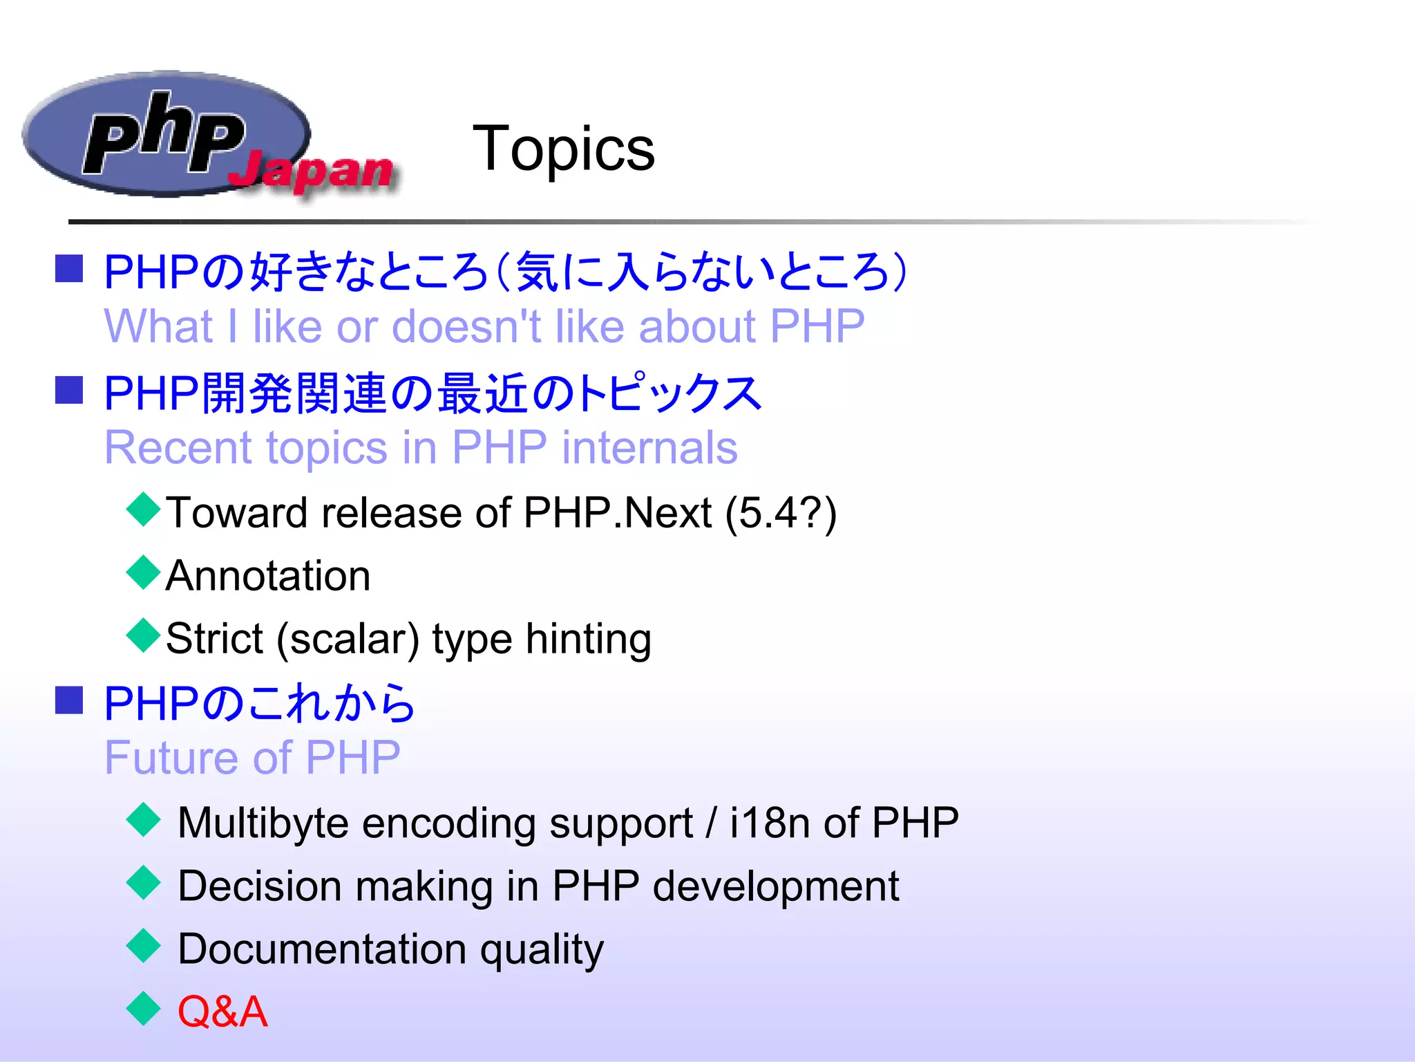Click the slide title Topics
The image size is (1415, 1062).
pos(563,149)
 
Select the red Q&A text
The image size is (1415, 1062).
pos(222,1012)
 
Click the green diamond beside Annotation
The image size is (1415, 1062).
pos(144,572)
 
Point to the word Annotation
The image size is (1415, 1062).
pos(268,576)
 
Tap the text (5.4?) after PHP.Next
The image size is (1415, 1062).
pos(781,514)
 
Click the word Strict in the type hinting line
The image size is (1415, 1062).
pos(214,638)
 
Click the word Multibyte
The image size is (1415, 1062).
pos(263,823)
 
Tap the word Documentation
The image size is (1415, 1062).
pos(322,949)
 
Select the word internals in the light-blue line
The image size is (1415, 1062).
pos(649,448)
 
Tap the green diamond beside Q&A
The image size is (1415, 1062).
pos(144,1009)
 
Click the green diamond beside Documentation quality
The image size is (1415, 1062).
pos(144,946)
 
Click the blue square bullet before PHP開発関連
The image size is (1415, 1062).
pos(69,391)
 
